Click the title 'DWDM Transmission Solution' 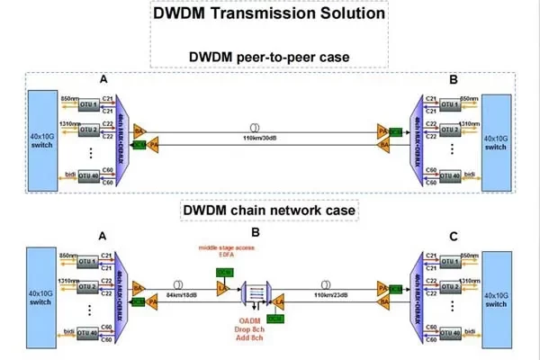[x=269, y=15]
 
